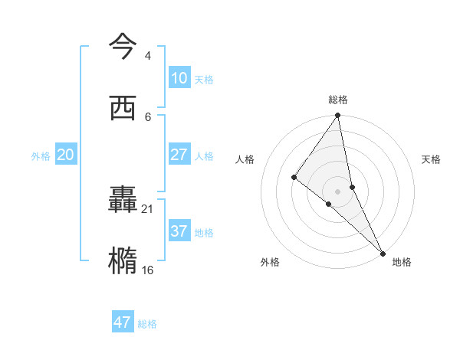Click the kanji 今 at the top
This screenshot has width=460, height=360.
123,46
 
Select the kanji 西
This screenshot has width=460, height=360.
123,107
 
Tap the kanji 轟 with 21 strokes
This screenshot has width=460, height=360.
123,200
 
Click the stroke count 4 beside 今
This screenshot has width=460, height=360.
147,56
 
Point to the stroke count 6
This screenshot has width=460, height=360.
148,117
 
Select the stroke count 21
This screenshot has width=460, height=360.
148,208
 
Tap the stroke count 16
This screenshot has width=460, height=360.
148,270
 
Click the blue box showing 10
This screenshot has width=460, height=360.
179,78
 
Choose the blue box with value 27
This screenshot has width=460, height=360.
179,154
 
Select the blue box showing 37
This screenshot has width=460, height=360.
179,231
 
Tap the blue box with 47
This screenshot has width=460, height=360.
123,322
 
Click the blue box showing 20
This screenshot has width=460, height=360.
66,155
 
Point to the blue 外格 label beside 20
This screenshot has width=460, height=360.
41,156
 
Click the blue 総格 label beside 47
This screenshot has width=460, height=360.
147,324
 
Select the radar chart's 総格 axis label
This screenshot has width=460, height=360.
338,100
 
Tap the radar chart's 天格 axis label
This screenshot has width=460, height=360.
431,159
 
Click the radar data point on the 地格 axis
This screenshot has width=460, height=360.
382,252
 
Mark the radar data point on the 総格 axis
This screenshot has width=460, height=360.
337,116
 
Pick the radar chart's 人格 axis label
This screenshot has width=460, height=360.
245,159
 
